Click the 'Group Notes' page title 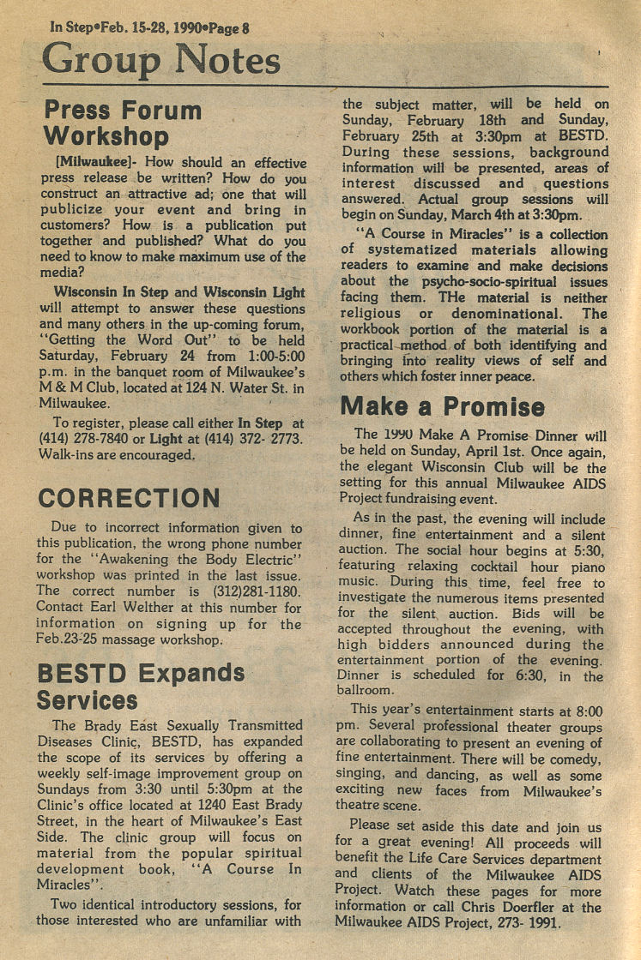click(x=161, y=59)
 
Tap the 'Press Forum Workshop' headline click(x=123, y=123)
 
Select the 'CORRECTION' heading click(x=129, y=498)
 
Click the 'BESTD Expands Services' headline click(x=141, y=686)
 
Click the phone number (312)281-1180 click(x=257, y=591)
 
